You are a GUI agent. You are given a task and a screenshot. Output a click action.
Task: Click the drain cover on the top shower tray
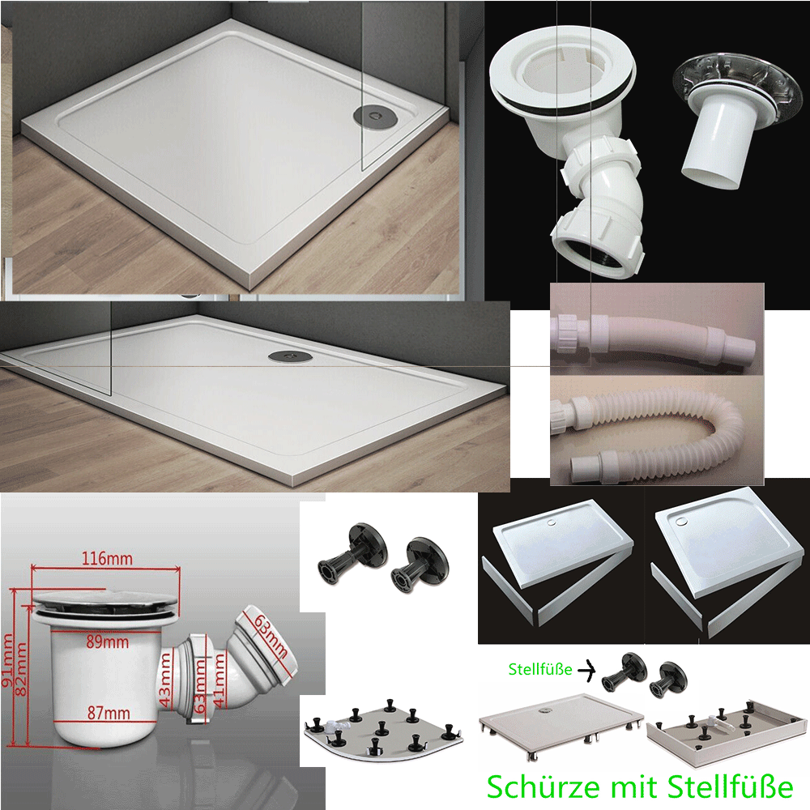tap(374, 115)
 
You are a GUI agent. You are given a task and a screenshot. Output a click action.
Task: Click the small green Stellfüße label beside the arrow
tap(539, 669)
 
